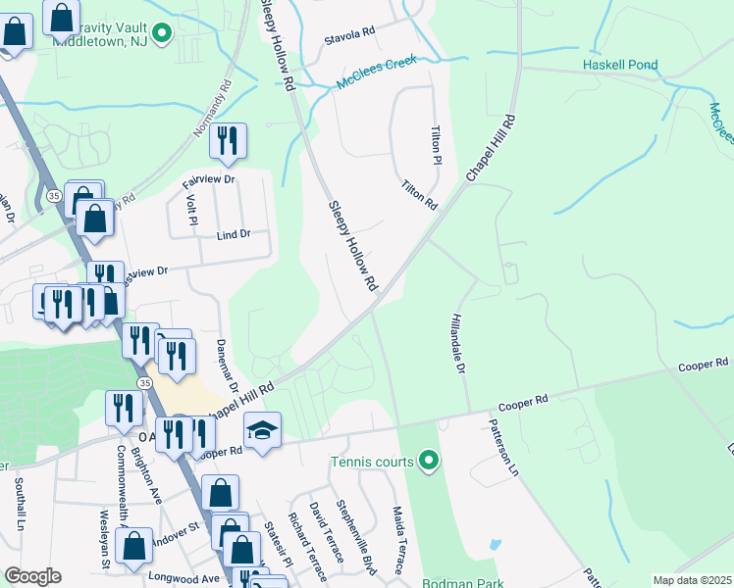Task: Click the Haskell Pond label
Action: pos(619,66)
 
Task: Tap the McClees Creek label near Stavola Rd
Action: pos(377,73)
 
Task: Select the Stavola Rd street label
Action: pos(350,32)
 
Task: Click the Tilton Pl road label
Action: pos(437,145)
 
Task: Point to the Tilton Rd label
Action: pos(418,194)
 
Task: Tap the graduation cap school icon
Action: pos(262,431)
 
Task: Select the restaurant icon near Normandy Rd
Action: pos(228,141)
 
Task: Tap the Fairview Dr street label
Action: pos(209,180)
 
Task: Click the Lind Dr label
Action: pos(234,235)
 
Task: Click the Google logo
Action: pos(32,576)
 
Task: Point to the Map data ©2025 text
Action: pos(692,580)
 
